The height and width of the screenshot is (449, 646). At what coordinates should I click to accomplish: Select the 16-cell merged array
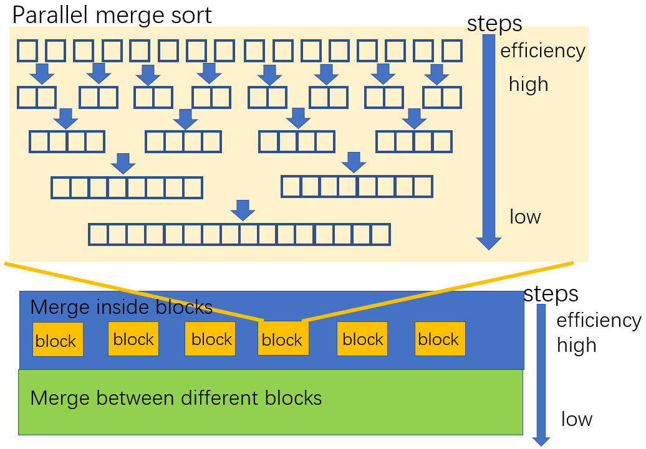pos(239,234)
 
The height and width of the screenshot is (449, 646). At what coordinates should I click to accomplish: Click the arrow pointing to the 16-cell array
pos(243,210)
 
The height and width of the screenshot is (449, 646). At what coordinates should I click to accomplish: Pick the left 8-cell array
pos(127,187)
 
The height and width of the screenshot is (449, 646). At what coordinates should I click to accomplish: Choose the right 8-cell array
pos(357,186)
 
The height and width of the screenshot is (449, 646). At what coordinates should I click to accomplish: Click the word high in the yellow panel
pos(528,84)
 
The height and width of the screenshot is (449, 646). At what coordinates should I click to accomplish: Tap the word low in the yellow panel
pos(525,217)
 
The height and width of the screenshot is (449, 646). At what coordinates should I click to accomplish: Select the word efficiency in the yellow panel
pos(542,51)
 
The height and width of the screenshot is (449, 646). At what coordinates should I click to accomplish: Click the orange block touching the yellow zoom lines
pos(283,339)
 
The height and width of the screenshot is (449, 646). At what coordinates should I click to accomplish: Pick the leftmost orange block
pos(57,339)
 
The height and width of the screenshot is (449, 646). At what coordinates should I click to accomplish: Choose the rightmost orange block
pos(440,339)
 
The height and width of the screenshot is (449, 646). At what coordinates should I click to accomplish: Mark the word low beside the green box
pos(576,419)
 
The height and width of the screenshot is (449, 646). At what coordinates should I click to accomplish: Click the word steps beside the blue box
pos(551,294)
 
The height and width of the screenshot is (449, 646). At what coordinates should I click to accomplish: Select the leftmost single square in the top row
pos(27,50)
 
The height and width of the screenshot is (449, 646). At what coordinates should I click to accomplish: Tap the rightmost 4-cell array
pos(414,142)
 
